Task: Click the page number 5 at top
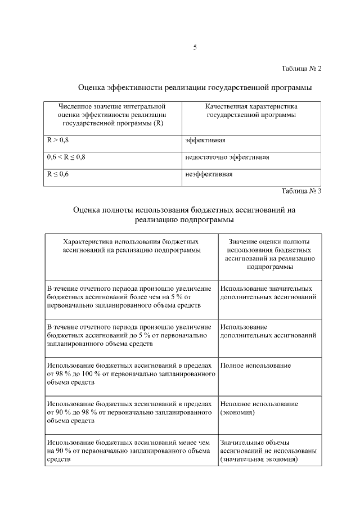pyautogui.click(x=195, y=47)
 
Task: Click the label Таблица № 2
pyautogui.click(x=301, y=69)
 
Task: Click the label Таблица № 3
pyautogui.click(x=301, y=191)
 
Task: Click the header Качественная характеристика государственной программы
pyautogui.click(x=251, y=110)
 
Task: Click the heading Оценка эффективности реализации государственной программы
pyautogui.click(x=195, y=88)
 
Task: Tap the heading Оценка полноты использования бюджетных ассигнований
pyautogui.click(x=184, y=214)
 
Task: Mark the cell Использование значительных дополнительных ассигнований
pyautogui.click(x=268, y=292)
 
